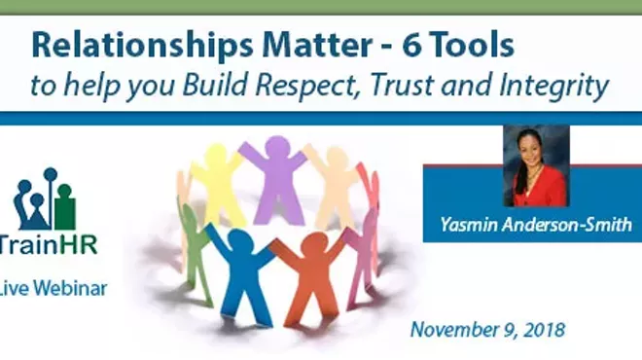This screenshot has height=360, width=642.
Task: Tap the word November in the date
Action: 454,329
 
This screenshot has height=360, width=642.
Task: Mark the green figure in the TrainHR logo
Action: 65,205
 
